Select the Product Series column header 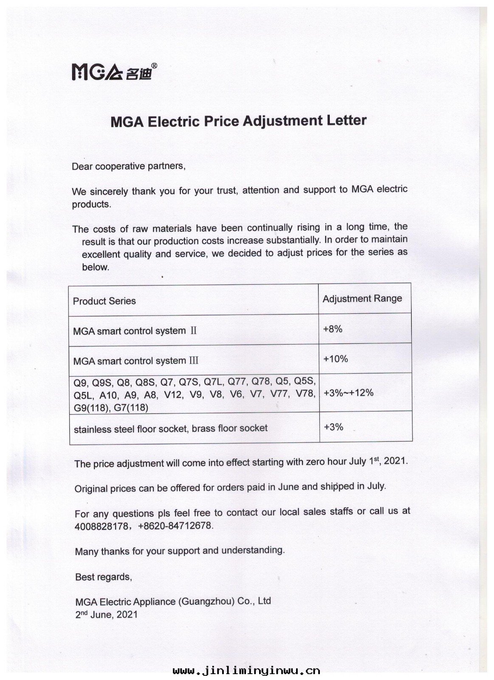click(104, 301)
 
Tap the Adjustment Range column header click(362, 298)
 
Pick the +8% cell click(333, 329)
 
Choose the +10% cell click(336, 359)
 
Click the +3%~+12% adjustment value click(348, 393)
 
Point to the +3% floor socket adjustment click(333, 427)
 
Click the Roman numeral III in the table click(193, 361)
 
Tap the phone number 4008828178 click(101, 526)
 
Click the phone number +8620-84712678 click(175, 526)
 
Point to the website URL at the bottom click(246, 671)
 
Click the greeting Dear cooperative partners click(129, 166)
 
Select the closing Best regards click(103, 577)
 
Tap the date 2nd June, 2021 click(106, 615)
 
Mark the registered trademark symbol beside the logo click(155, 65)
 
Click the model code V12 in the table click(172, 395)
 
